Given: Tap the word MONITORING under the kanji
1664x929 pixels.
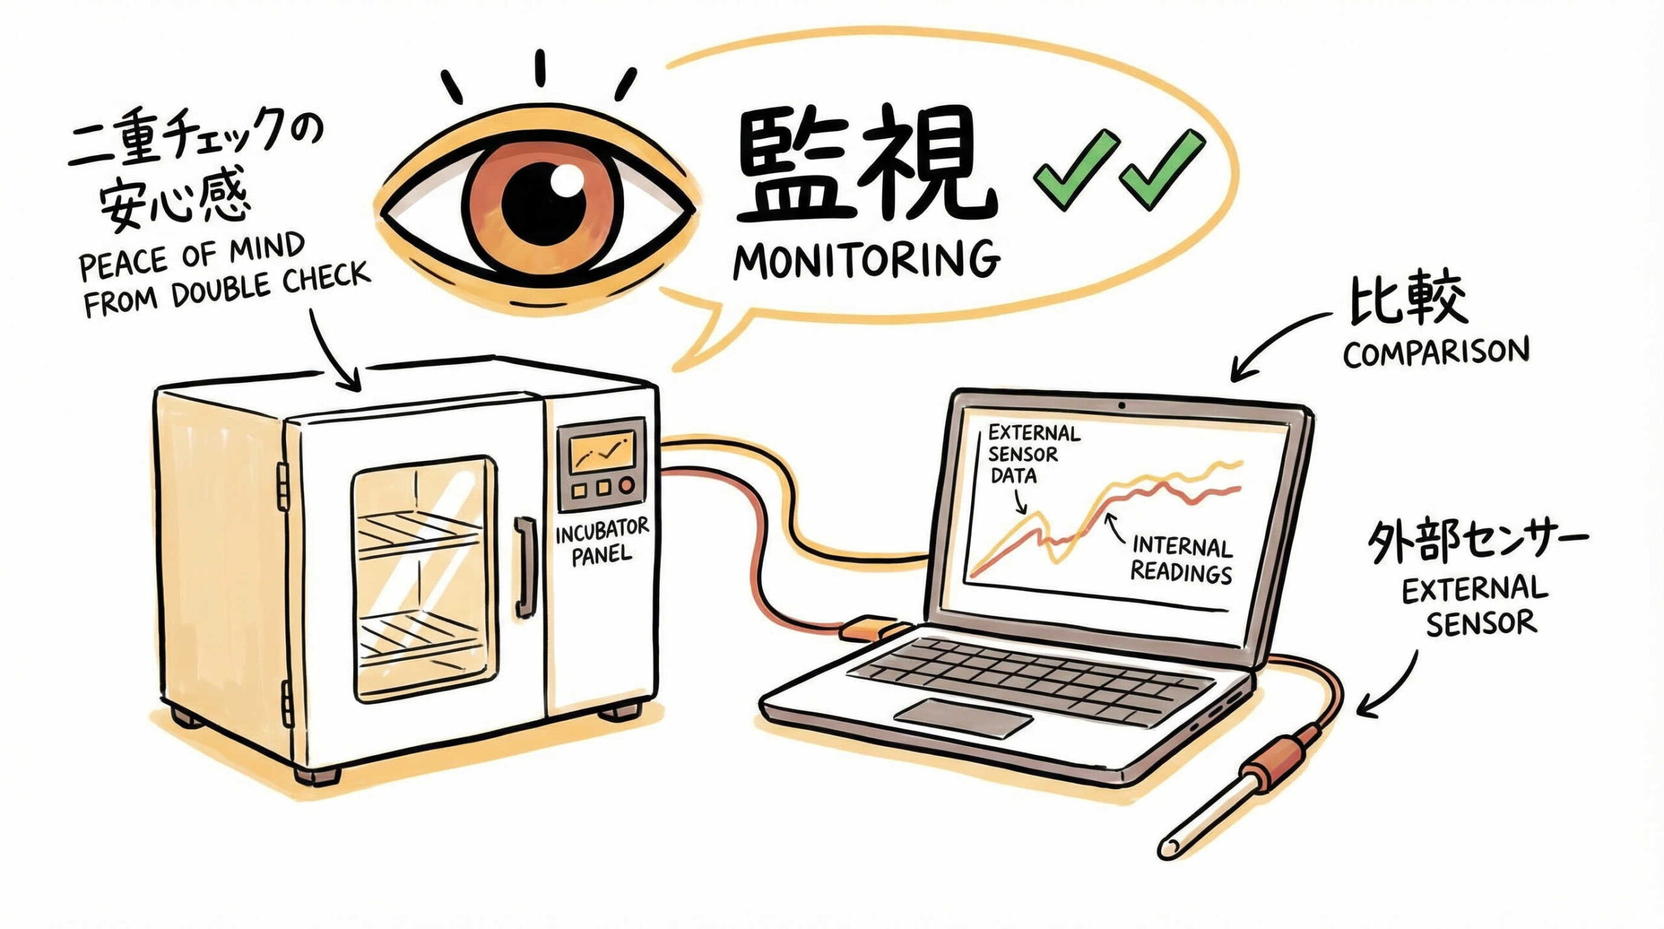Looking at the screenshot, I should point(866,260).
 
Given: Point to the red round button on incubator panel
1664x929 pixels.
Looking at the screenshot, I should point(626,486).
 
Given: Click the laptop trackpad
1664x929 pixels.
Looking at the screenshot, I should point(962,717).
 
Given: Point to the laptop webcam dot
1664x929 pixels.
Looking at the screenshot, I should point(1122,406).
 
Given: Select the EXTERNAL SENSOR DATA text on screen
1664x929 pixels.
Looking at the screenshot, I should point(1032,454).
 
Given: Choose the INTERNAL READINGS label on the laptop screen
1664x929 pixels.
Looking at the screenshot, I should point(1182,560).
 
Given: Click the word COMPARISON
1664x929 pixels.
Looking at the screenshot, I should point(1436,352).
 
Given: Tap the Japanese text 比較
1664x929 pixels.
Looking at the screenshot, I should point(1408,300).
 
